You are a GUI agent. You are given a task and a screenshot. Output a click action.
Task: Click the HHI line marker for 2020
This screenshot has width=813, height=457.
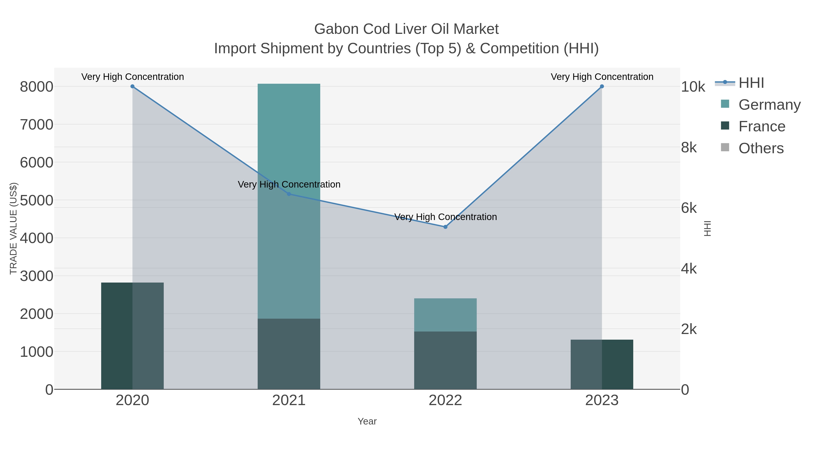(132, 86)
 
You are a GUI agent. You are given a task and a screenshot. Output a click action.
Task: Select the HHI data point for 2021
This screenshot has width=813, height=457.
(289, 194)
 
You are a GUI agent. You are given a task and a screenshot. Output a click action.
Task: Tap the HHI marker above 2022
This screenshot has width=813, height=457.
(445, 227)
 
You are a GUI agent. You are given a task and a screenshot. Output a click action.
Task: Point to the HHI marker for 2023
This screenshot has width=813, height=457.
(602, 86)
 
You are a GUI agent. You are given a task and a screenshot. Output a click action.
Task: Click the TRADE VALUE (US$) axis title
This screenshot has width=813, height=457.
(13, 228)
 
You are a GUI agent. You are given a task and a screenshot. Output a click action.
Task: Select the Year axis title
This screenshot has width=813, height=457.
(367, 421)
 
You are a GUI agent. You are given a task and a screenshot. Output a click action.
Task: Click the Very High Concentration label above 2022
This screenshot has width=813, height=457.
(445, 217)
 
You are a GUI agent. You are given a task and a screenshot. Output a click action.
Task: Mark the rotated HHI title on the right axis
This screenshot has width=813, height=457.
(708, 228)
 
